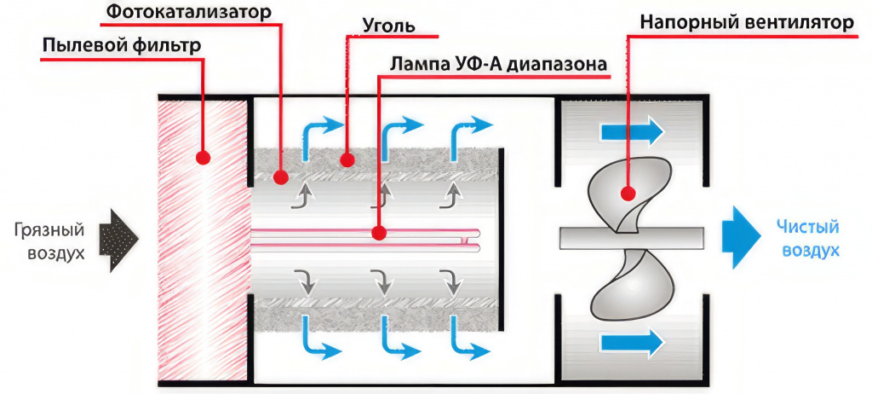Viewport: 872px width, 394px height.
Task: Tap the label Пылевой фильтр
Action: click(x=122, y=44)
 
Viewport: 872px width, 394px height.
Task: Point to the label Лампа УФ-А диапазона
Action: click(x=498, y=65)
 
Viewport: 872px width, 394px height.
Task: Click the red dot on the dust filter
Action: click(x=203, y=158)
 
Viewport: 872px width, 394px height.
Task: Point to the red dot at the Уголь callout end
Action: click(x=347, y=159)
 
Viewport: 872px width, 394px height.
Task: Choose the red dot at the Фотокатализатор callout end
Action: click(x=282, y=176)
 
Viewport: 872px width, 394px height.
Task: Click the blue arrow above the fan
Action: click(x=631, y=131)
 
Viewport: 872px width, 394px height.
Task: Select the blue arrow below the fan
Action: click(x=631, y=342)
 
